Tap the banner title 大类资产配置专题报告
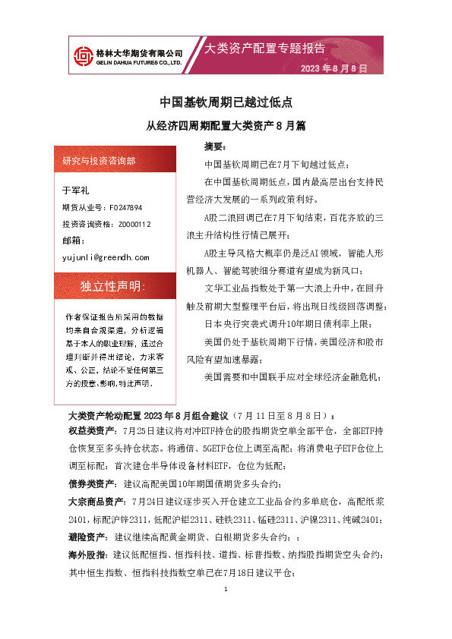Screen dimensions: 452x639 [x=265, y=49]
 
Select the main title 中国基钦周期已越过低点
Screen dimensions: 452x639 [x=226, y=101]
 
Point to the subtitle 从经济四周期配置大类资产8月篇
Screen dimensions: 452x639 [x=226, y=124]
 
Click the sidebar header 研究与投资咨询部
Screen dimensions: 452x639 [x=100, y=161]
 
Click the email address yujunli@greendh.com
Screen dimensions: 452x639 [x=106, y=257]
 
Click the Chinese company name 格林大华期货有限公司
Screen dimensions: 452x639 [x=138, y=52]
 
